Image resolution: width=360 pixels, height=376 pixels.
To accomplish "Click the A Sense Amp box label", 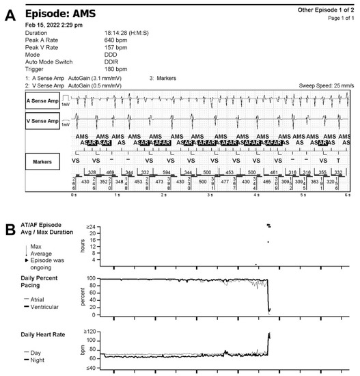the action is [43, 100].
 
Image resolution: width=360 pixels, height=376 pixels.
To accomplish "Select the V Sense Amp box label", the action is [43, 121].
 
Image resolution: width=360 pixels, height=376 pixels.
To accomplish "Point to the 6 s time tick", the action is [347, 195].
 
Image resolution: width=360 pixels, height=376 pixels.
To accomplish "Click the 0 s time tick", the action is [74, 195].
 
